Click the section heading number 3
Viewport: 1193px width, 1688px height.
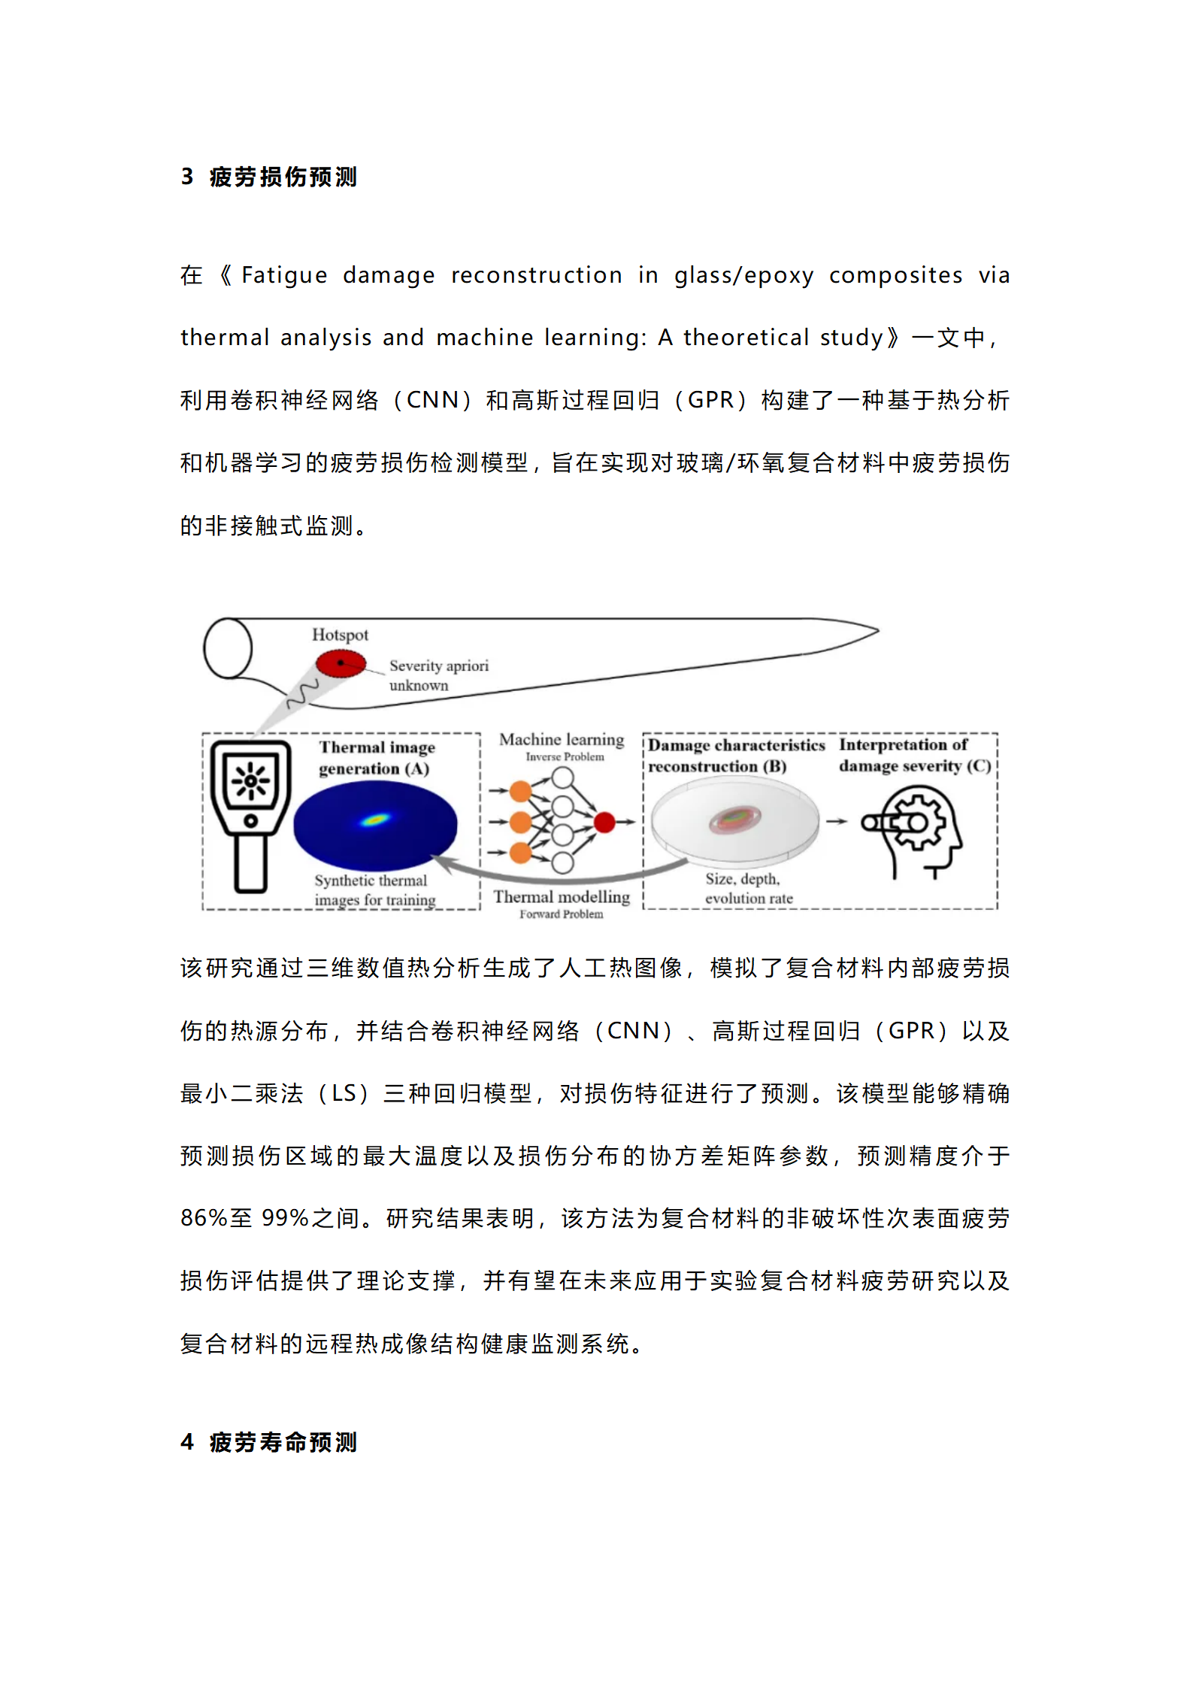[187, 177]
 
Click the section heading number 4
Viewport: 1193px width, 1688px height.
[187, 1442]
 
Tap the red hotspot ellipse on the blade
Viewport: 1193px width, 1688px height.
[341, 664]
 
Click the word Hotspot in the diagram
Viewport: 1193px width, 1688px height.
[341, 635]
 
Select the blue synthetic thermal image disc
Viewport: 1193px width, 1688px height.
[375, 825]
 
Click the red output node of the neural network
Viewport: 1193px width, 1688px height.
[604, 823]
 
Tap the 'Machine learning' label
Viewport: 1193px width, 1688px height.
[562, 740]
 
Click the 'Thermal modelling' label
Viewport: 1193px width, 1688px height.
[562, 896]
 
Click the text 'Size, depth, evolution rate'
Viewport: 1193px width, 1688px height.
[748, 889]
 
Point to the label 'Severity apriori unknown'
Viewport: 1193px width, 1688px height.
[438, 675]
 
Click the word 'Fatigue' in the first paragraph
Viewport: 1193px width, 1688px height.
[284, 275]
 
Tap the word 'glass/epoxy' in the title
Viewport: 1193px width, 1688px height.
[743, 276]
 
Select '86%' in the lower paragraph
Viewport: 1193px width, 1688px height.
[204, 1217]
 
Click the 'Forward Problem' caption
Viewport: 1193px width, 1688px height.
[562, 914]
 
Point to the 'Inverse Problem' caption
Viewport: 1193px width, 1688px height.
[565, 757]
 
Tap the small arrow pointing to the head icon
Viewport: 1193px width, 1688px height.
[837, 822]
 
